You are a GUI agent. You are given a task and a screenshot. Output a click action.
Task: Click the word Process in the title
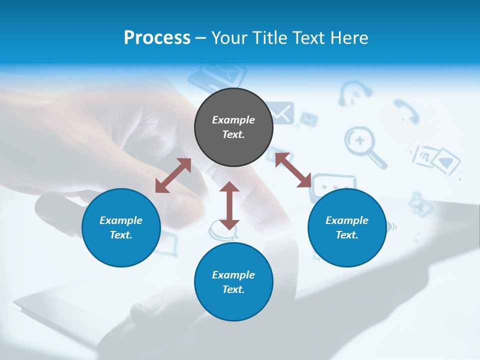pyautogui.click(x=157, y=38)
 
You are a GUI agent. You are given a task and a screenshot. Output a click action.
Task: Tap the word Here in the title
pyautogui.click(x=349, y=38)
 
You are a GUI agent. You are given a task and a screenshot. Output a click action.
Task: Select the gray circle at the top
pyautogui.click(x=233, y=127)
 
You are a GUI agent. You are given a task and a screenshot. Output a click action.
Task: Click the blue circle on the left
pyautogui.click(x=121, y=227)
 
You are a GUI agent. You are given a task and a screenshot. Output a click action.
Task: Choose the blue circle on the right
pyautogui.click(x=347, y=227)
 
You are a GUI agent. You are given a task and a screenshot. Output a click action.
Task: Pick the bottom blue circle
pyautogui.click(x=233, y=281)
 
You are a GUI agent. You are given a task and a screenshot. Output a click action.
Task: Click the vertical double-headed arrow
pyautogui.click(x=229, y=205)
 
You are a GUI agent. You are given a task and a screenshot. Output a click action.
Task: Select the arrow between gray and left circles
pyautogui.click(x=173, y=175)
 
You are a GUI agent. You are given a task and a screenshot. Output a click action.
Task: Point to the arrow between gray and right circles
pyautogui.click(x=293, y=170)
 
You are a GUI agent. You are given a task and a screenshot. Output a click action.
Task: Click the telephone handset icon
pyautogui.click(x=405, y=110)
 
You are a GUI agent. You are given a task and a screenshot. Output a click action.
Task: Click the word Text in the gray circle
pyautogui.click(x=233, y=134)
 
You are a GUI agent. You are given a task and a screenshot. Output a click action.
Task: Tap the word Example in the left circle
pyautogui.click(x=121, y=220)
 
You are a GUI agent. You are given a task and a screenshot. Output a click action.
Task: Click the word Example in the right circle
pyautogui.click(x=347, y=220)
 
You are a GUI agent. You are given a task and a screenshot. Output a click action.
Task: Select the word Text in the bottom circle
pyautogui.click(x=233, y=289)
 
